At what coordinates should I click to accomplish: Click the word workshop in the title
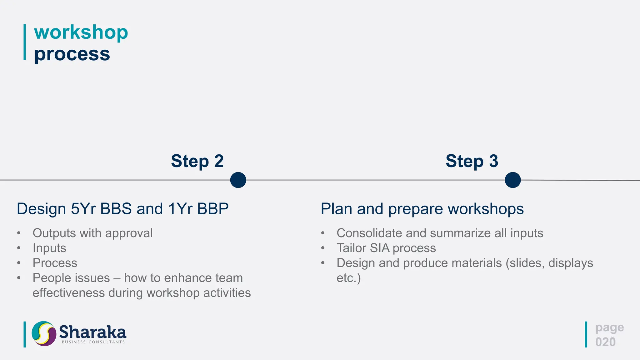pos(81,32)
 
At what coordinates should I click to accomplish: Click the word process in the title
pos(72,54)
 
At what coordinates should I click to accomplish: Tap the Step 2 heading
pos(197,161)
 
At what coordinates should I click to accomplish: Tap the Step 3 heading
pos(472,161)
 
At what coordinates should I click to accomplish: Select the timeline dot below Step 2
pos(238,180)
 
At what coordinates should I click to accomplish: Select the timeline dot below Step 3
pos(513,180)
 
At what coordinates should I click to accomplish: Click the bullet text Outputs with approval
pos(92,233)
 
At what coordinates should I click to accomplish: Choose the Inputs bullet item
pos(49,248)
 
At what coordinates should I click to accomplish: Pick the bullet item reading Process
pos(55,263)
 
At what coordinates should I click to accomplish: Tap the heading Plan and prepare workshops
pos(422,209)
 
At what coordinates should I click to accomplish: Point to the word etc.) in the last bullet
pos(348,278)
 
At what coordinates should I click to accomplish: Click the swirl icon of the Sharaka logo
pos(44,333)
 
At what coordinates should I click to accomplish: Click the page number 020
pos(605,342)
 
